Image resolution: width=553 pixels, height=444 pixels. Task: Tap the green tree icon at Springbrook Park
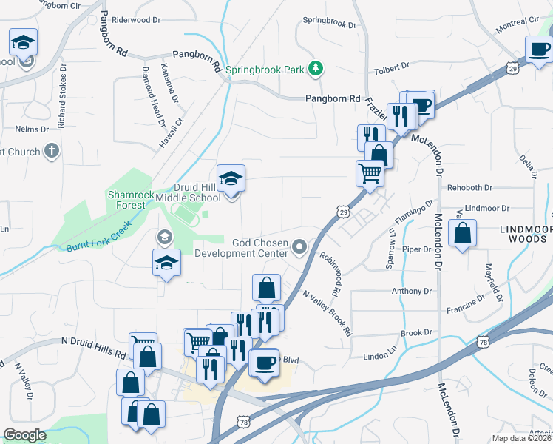316,69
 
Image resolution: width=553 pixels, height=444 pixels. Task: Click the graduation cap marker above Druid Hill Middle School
231,179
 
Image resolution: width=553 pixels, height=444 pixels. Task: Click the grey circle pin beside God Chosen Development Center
299,246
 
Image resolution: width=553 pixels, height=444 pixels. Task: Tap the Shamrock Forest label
132,200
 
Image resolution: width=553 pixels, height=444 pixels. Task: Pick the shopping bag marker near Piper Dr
462,235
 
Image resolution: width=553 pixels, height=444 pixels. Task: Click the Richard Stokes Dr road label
62,99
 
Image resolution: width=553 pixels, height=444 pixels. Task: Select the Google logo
24,435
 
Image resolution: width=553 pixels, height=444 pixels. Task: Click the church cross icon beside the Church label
50,152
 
